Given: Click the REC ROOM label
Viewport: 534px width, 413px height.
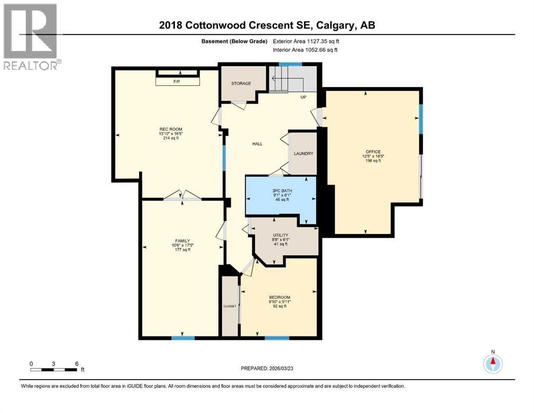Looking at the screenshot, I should (170, 129).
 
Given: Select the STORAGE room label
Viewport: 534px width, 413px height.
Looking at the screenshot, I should (241, 83).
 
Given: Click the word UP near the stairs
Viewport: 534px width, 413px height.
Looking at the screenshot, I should (303, 97).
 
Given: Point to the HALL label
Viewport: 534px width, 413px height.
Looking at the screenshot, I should (257, 144).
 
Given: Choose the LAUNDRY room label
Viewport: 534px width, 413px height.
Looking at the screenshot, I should (303, 154).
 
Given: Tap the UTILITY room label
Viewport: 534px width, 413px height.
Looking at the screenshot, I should (281, 235).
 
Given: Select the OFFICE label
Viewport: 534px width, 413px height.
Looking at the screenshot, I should (373, 152).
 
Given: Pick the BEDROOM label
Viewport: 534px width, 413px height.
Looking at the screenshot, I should (280, 297).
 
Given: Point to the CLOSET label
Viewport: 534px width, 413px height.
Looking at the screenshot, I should (230, 306).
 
